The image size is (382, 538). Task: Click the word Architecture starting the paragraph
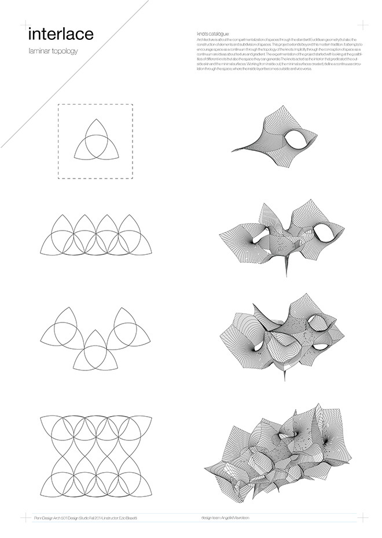pos(208,39)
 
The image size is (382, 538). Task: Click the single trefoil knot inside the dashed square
pos(95,141)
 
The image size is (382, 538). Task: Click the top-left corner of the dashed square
pos(58,105)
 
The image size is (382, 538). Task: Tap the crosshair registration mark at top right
pos(362,25)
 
